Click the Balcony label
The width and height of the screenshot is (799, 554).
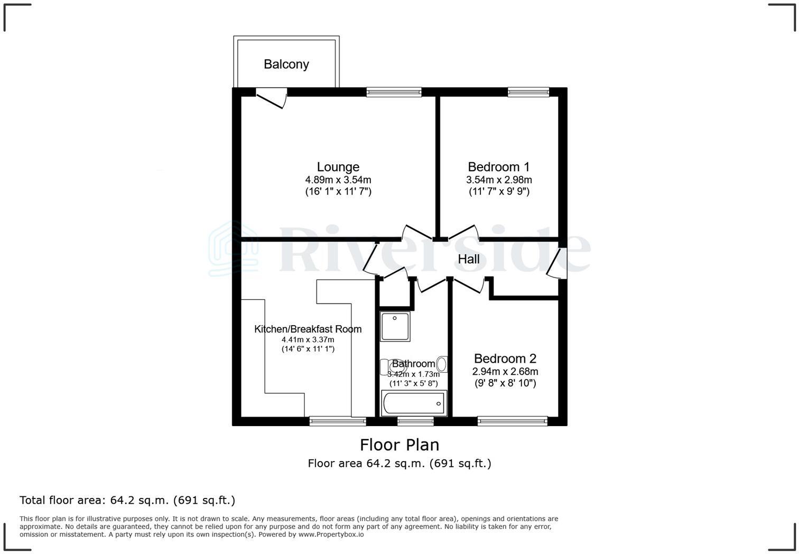[x=286, y=64]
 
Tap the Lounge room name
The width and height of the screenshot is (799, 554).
[x=338, y=167]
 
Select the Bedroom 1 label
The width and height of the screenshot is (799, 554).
[x=499, y=167]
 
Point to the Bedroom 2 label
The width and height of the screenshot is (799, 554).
[x=505, y=358]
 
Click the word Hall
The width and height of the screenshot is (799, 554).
[x=469, y=259]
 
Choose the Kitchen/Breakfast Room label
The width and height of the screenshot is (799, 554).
[x=308, y=329]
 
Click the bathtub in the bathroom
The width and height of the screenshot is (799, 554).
[x=414, y=403]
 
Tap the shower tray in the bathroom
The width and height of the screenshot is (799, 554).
[x=395, y=326]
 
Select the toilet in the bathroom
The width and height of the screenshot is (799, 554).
[x=385, y=366]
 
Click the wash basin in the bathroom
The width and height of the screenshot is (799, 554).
[x=442, y=364]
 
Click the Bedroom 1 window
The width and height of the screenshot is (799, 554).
[x=528, y=93]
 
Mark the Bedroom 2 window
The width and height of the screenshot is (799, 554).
[x=513, y=421]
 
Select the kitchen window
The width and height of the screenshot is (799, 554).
[x=338, y=421]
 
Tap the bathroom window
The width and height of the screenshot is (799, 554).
[x=415, y=421]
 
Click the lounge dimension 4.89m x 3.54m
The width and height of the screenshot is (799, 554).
[x=338, y=180]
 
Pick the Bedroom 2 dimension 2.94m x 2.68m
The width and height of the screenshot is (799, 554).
[x=505, y=372]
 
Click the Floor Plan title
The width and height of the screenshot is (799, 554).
[x=400, y=445]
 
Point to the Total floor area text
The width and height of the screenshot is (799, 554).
[x=127, y=500]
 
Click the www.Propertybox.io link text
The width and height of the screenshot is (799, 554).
[x=331, y=534]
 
